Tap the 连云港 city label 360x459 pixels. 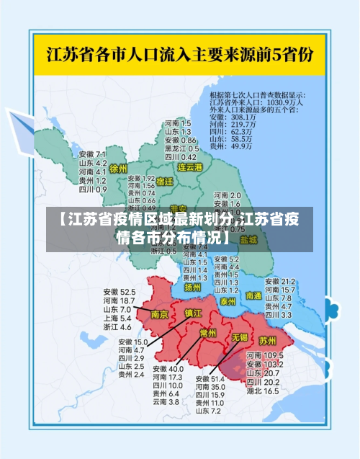191,167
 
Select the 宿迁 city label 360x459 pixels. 165,182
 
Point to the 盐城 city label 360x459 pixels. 248,239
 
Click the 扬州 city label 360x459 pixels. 192,287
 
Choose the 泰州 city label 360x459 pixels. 228,300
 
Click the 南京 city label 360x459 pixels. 160,314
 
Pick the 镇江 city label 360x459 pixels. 194,313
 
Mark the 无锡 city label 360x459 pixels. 239,337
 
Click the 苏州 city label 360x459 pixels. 267,339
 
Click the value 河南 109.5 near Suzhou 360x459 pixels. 262,356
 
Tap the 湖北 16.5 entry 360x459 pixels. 262,391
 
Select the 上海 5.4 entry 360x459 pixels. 117,318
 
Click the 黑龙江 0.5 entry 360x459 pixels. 180,148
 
